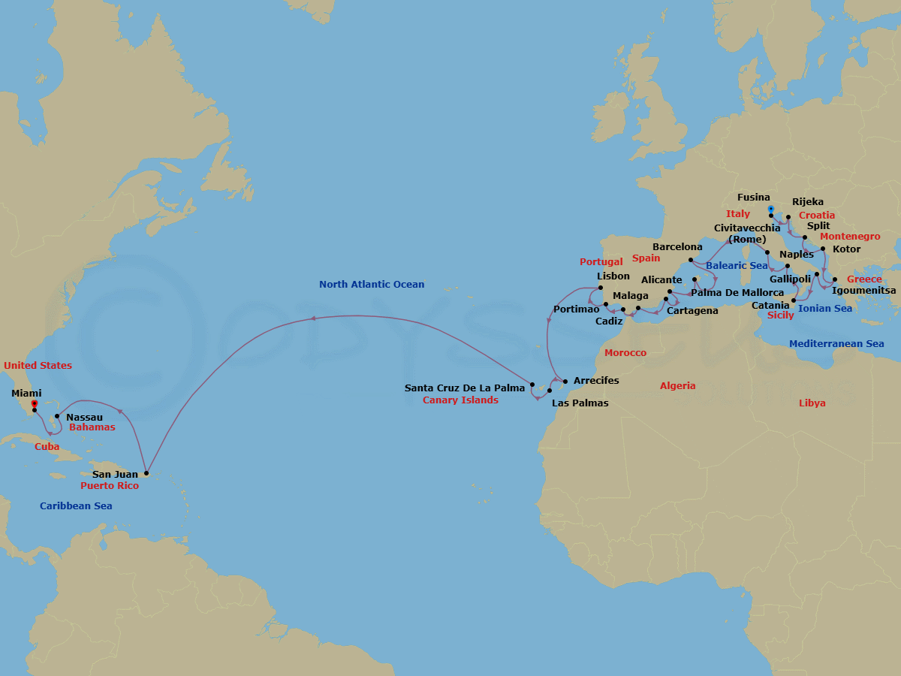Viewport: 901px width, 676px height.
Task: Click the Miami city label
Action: (x=27, y=393)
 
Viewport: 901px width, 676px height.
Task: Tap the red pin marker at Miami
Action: (x=35, y=404)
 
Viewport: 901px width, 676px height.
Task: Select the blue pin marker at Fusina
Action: (x=770, y=209)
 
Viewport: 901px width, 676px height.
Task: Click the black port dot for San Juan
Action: (x=146, y=474)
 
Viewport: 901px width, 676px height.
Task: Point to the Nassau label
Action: (x=84, y=417)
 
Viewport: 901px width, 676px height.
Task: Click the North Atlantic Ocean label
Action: (x=372, y=285)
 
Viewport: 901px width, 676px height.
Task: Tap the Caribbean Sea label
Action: (x=76, y=506)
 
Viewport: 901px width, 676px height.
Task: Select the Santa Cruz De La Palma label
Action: (x=465, y=388)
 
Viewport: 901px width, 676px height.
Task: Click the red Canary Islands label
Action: (x=460, y=400)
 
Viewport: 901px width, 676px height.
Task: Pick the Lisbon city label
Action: (x=613, y=276)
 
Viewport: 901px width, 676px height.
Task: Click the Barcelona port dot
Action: (x=691, y=259)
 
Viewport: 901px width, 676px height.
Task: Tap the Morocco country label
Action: (x=625, y=353)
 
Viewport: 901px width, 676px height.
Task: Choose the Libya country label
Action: (x=812, y=403)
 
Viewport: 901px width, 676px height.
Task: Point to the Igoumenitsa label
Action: (x=864, y=290)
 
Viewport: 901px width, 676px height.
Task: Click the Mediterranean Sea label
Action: (x=836, y=344)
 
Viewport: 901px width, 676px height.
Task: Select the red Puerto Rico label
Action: (x=110, y=486)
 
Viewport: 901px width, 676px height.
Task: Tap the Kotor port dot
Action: (x=823, y=249)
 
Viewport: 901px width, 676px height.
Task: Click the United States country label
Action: (x=38, y=366)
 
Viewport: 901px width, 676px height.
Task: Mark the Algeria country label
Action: (x=677, y=386)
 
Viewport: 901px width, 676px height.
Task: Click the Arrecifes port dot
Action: (x=565, y=381)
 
